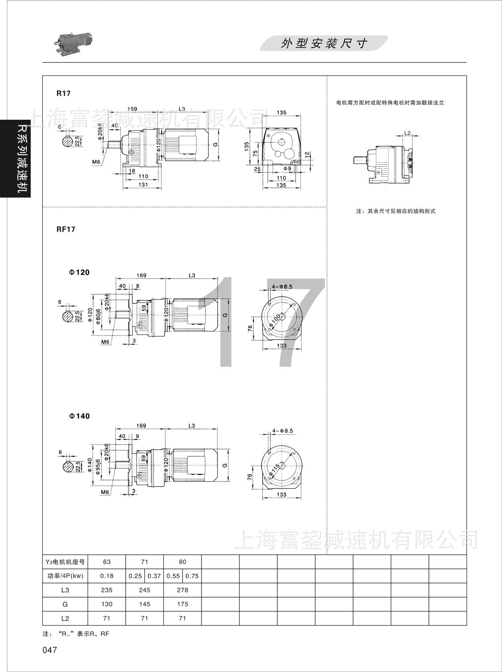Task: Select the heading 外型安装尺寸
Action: pyautogui.click(x=324, y=43)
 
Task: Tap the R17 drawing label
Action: pyautogui.click(x=63, y=93)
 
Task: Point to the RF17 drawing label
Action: pyautogui.click(x=66, y=229)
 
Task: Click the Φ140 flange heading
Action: pyautogui.click(x=79, y=416)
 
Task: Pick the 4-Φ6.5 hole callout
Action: pyautogui.click(x=282, y=286)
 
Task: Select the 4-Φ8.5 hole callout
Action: pyautogui.click(x=283, y=431)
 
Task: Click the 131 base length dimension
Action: pyautogui.click(x=143, y=185)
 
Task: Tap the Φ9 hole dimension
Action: pyautogui.click(x=287, y=168)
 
